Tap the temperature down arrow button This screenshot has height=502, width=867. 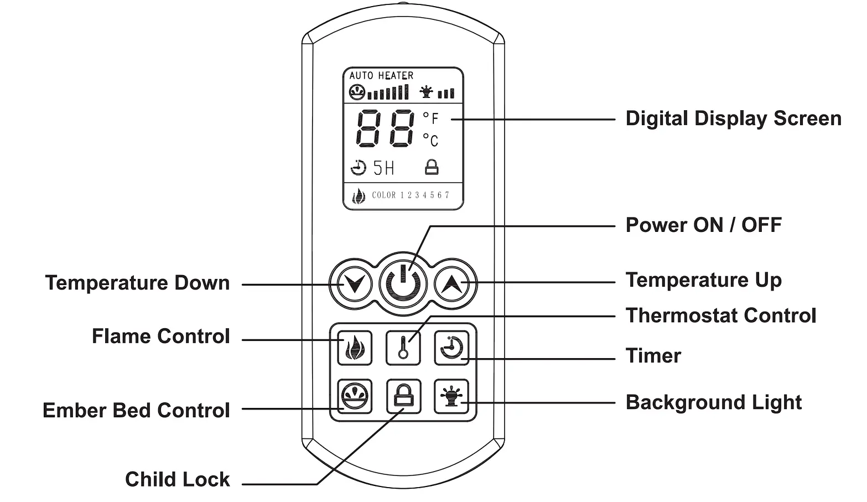[x=352, y=284]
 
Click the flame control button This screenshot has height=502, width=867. [x=355, y=348]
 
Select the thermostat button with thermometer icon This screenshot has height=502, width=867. [x=403, y=348]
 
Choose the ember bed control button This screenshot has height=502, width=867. [x=355, y=396]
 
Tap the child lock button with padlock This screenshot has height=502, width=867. [x=403, y=396]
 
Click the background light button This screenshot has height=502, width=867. [x=451, y=396]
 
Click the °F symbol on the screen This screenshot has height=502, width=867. [x=430, y=118]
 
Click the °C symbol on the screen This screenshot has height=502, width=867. [x=430, y=139]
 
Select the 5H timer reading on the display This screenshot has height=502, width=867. [x=383, y=168]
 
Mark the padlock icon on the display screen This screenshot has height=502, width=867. [x=432, y=167]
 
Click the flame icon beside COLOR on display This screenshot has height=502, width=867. [x=359, y=196]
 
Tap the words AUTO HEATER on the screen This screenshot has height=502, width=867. [x=381, y=75]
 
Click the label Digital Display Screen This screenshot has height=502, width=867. [x=733, y=118]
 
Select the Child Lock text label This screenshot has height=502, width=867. [x=177, y=479]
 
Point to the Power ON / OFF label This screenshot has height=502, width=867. [x=703, y=225]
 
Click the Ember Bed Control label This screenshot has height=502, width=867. [x=136, y=410]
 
